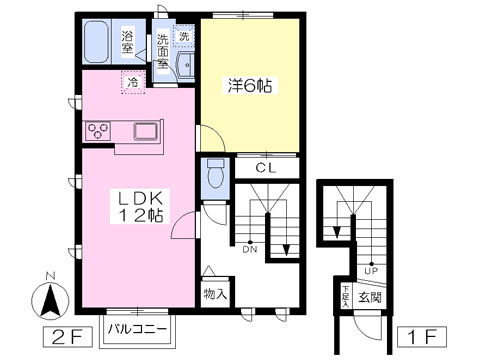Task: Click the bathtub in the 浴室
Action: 97,41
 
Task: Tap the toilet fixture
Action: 216,173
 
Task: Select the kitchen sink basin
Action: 145,131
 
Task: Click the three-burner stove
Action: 98,130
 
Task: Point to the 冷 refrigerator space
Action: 133,82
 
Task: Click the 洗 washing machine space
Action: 184,36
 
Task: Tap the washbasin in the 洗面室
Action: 184,66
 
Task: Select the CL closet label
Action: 266,168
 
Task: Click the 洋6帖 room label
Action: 250,85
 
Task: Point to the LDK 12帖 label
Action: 141,207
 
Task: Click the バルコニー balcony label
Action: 137,329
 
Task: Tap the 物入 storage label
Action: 215,294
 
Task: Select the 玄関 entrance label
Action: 370,297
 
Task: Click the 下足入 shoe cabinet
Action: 346,297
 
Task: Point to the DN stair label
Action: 250,249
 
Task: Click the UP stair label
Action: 371,271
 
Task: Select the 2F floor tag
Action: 67,337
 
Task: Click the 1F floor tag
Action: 422,337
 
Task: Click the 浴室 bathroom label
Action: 127,42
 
